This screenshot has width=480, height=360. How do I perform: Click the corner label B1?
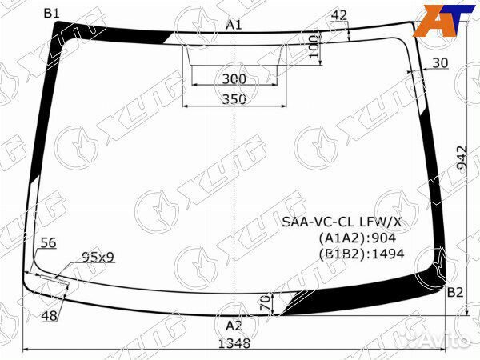click(x=51, y=14)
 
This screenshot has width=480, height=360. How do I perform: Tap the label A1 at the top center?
click(x=234, y=25)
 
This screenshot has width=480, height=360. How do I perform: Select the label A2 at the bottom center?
click(x=234, y=326)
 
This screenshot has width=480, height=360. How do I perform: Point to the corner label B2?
click(x=455, y=293)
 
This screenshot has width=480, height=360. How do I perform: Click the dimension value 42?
click(x=339, y=15)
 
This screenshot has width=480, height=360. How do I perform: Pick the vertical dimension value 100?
click(x=314, y=46)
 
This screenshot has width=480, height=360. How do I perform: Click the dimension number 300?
click(x=234, y=79)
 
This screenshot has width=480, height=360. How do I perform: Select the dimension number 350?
click(x=234, y=99)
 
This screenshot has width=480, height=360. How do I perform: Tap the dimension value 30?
click(x=440, y=63)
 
